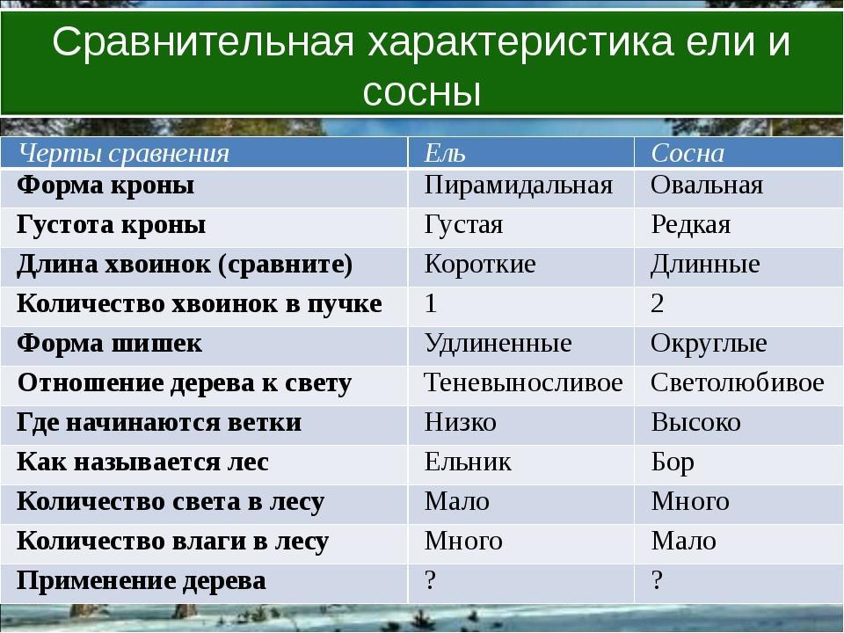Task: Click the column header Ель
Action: [x=445, y=153]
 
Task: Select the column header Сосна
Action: [x=688, y=153]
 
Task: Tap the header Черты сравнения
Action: [x=124, y=154]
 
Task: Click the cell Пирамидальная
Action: [x=519, y=186]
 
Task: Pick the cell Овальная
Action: [x=707, y=186]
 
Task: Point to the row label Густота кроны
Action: [x=111, y=225]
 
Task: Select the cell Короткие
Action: [x=480, y=265]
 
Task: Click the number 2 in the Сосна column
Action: [x=657, y=303]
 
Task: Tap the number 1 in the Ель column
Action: [x=431, y=303]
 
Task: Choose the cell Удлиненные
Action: [x=498, y=344]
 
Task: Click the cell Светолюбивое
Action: [x=737, y=382]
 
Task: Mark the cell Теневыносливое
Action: [x=523, y=382]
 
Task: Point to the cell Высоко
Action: [x=695, y=423]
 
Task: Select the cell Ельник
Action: [x=468, y=462]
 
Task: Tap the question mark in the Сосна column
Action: [x=657, y=580]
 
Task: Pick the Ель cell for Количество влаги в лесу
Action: [x=463, y=541]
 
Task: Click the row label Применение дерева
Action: [x=141, y=581]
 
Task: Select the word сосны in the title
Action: [x=421, y=93]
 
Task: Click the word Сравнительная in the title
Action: [x=203, y=41]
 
